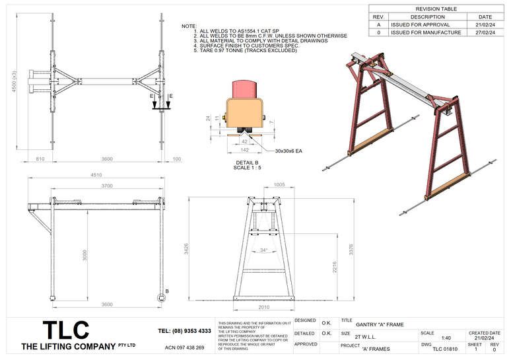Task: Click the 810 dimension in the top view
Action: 40,159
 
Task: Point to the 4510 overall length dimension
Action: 98,176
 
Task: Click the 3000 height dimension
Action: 85,254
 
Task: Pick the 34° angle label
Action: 265,250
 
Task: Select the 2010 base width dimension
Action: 264,307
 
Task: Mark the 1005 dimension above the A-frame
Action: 279,186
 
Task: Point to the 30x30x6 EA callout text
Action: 288,151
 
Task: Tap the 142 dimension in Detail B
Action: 244,150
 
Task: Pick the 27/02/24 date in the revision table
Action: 485,32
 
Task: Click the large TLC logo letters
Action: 65,330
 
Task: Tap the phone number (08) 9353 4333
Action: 185,330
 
